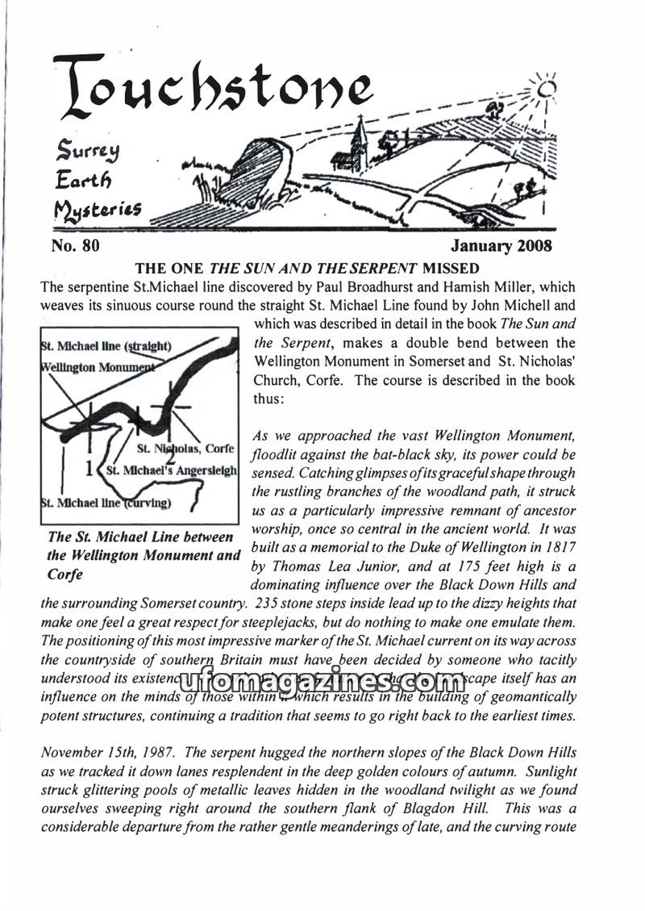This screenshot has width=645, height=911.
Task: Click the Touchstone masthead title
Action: click(213, 92)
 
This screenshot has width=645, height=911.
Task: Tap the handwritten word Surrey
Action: click(83, 148)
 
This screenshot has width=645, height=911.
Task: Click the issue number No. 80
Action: click(75, 245)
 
